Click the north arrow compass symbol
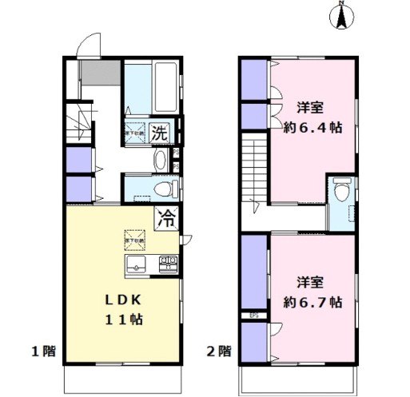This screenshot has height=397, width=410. (x=341, y=17)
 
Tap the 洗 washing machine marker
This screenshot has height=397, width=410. (x=161, y=133)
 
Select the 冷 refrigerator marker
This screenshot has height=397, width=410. (x=167, y=216)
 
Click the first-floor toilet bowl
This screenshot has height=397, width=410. (x=165, y=189)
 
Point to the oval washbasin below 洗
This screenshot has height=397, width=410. (x=159, y=159)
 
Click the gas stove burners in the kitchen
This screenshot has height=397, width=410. (x=168, y=264)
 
